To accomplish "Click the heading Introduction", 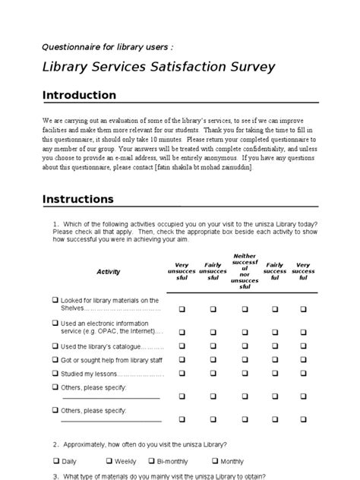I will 79,96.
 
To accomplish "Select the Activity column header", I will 109,272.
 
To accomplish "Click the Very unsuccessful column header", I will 182,272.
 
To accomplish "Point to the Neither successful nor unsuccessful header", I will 245,272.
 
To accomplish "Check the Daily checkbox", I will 57,461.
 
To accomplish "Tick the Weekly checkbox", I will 109,461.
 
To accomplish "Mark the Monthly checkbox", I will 216,461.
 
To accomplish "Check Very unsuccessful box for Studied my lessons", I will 182,374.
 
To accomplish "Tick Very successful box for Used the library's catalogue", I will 304,346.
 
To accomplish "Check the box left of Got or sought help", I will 55,360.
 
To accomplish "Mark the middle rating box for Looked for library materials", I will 245,309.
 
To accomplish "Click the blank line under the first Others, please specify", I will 110,397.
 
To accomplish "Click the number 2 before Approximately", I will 55,444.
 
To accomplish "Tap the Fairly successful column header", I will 274,272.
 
